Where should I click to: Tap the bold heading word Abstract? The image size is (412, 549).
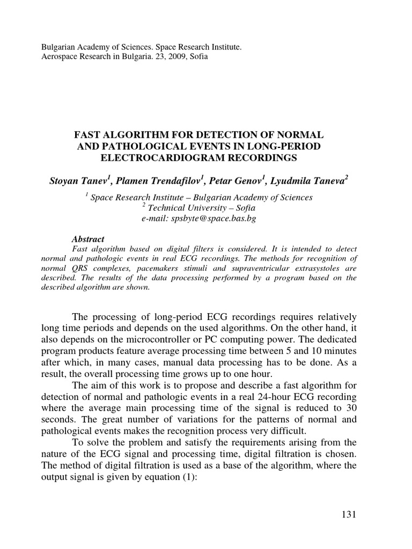click(x=87, y=239)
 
